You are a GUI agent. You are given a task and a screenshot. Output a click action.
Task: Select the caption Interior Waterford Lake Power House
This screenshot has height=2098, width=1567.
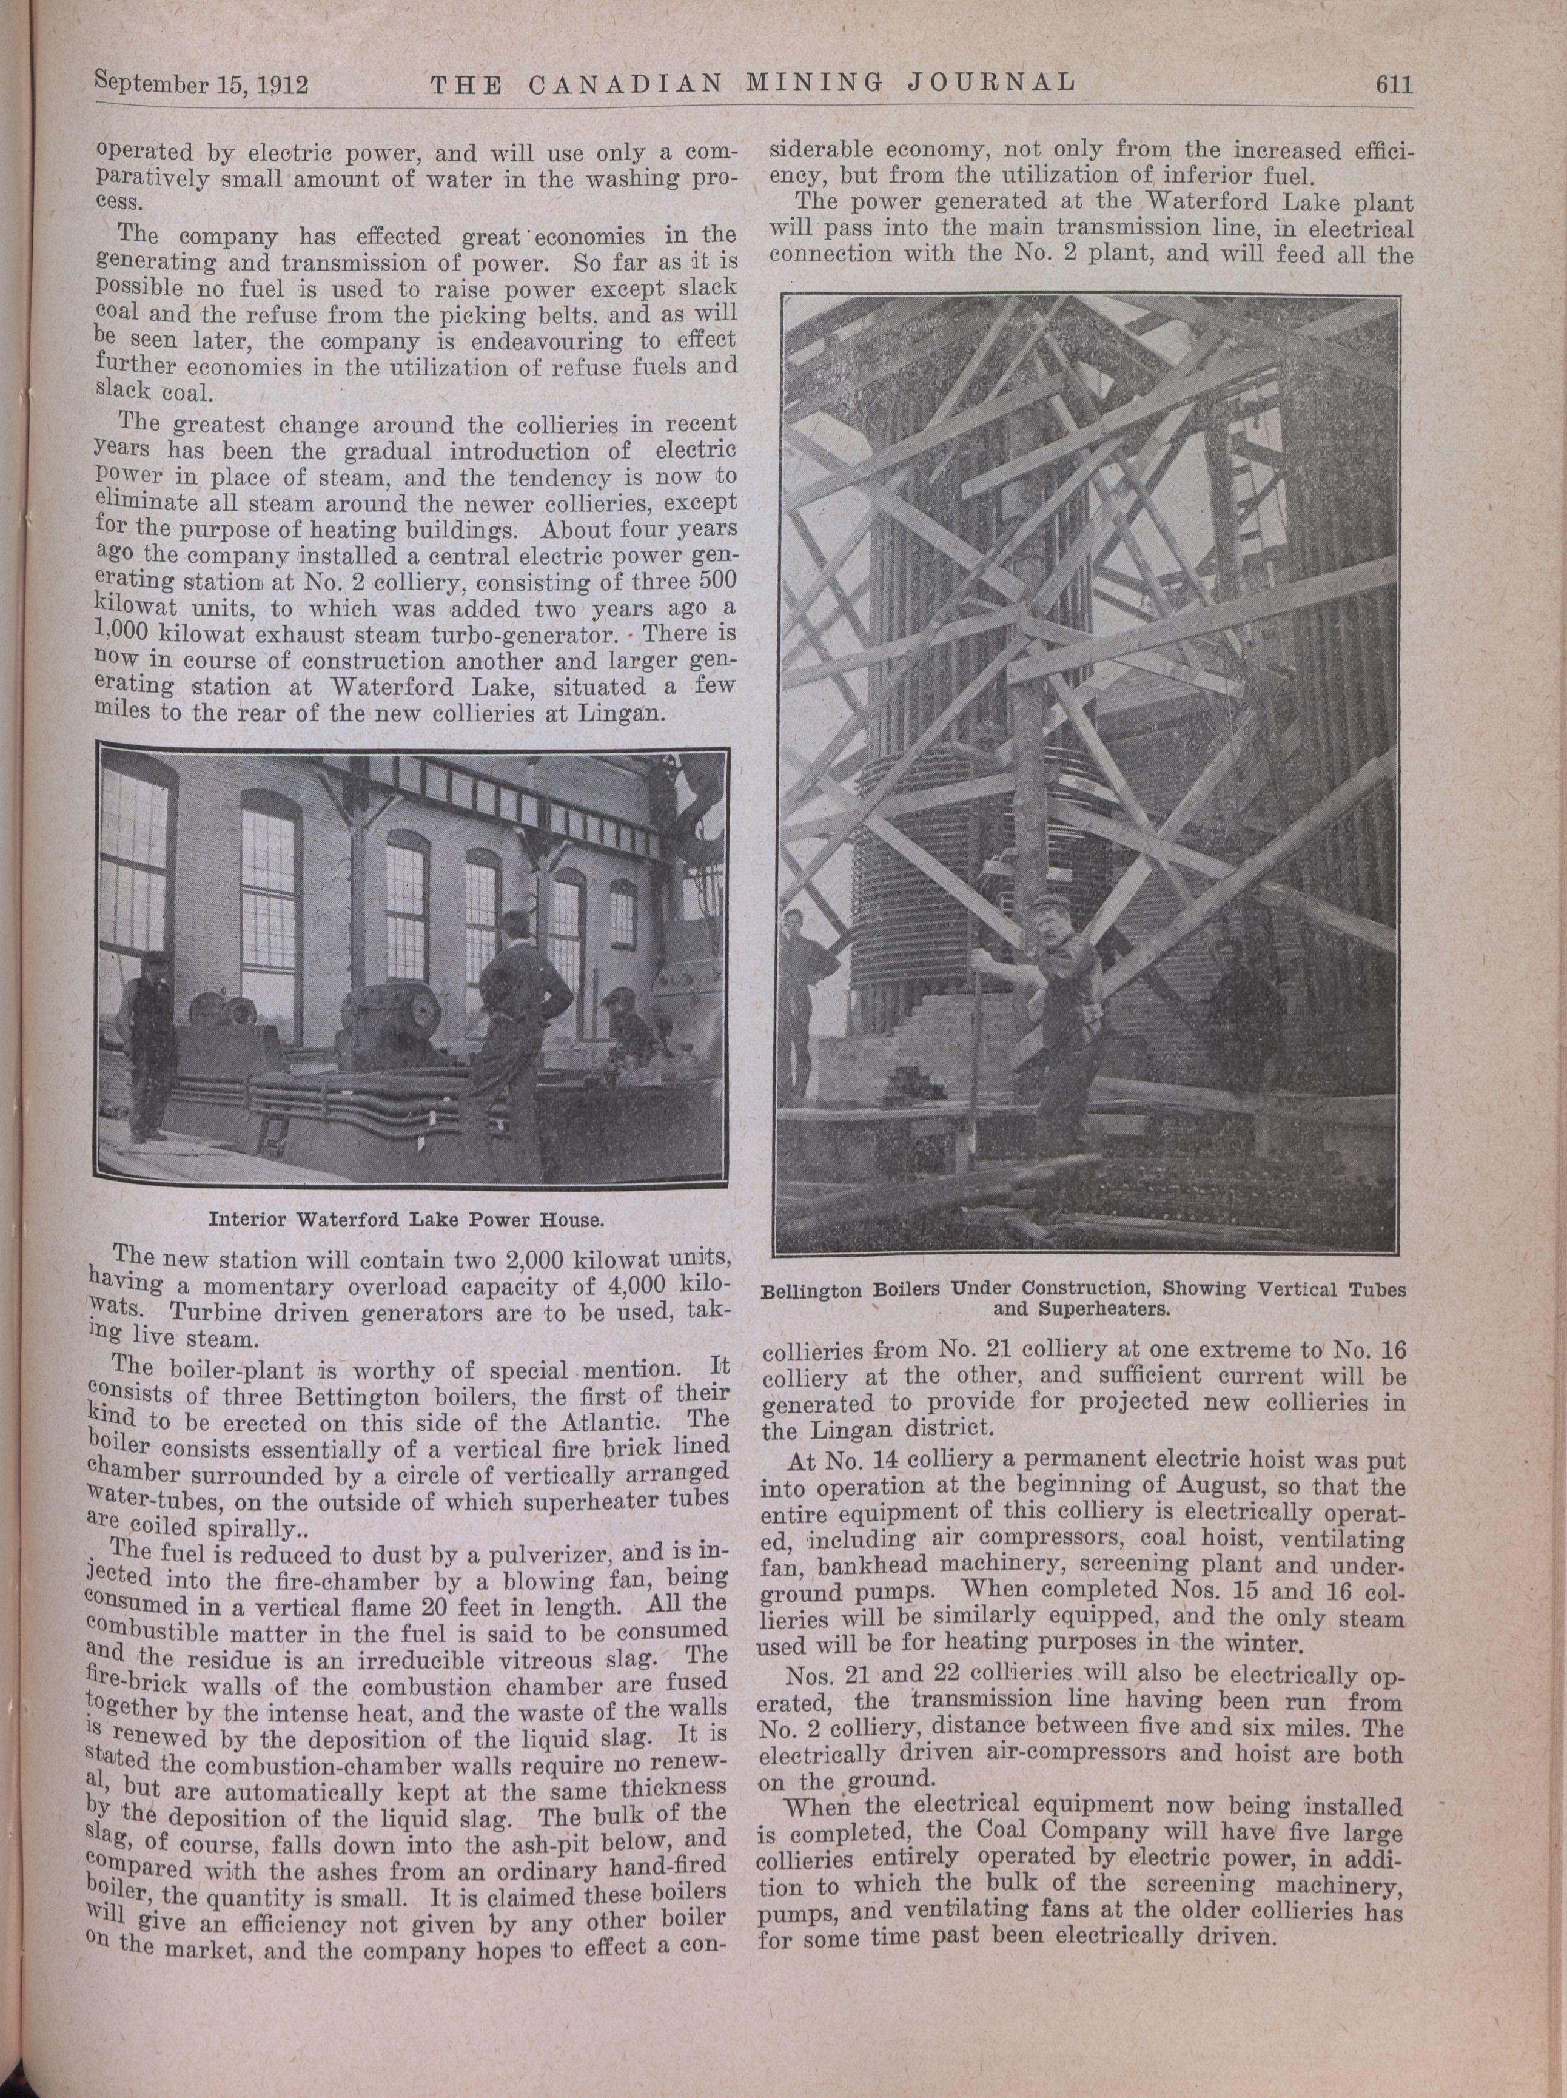(406, 1218)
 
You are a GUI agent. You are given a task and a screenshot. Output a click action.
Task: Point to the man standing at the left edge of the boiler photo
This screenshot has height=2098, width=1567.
(804, 986)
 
